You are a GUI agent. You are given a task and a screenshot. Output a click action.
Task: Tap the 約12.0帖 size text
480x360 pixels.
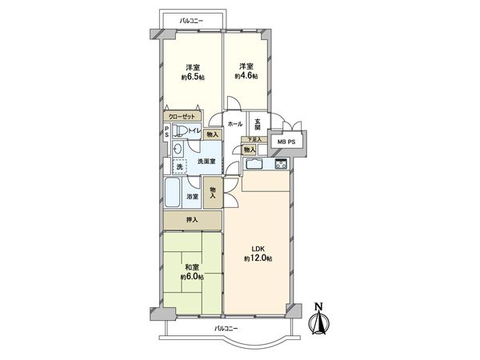click(258, 259)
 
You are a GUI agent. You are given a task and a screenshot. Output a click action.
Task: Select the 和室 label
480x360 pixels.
click(191, 266)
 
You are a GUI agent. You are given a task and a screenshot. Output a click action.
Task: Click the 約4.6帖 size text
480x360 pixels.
click(246, 74)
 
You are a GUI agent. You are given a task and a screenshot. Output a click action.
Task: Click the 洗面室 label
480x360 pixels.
click(206, 161)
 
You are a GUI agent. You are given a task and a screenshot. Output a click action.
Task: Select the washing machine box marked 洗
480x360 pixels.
click(179, 166)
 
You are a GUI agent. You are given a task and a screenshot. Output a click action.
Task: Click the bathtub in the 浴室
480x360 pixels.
click(174, 193)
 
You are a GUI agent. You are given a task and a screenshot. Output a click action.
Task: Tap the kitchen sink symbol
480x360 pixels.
click(254, 166)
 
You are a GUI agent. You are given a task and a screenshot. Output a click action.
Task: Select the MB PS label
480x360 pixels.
click(285, 143)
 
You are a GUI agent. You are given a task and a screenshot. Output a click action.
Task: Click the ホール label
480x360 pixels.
click(235, 124)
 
